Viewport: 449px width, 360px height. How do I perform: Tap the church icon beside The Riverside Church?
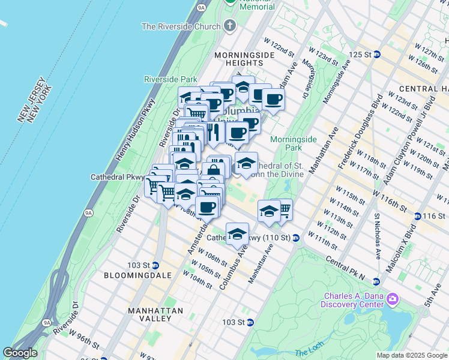point(229,26)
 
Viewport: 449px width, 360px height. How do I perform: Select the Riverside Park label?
point(170,79)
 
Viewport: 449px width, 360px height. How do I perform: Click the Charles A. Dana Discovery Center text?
point(354,300)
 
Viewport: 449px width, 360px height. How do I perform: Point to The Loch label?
point(310,353)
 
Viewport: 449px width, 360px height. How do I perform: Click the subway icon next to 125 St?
point(377,54)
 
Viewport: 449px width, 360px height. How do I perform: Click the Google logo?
point(20,353)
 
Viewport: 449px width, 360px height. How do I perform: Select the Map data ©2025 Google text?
point(411,355)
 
